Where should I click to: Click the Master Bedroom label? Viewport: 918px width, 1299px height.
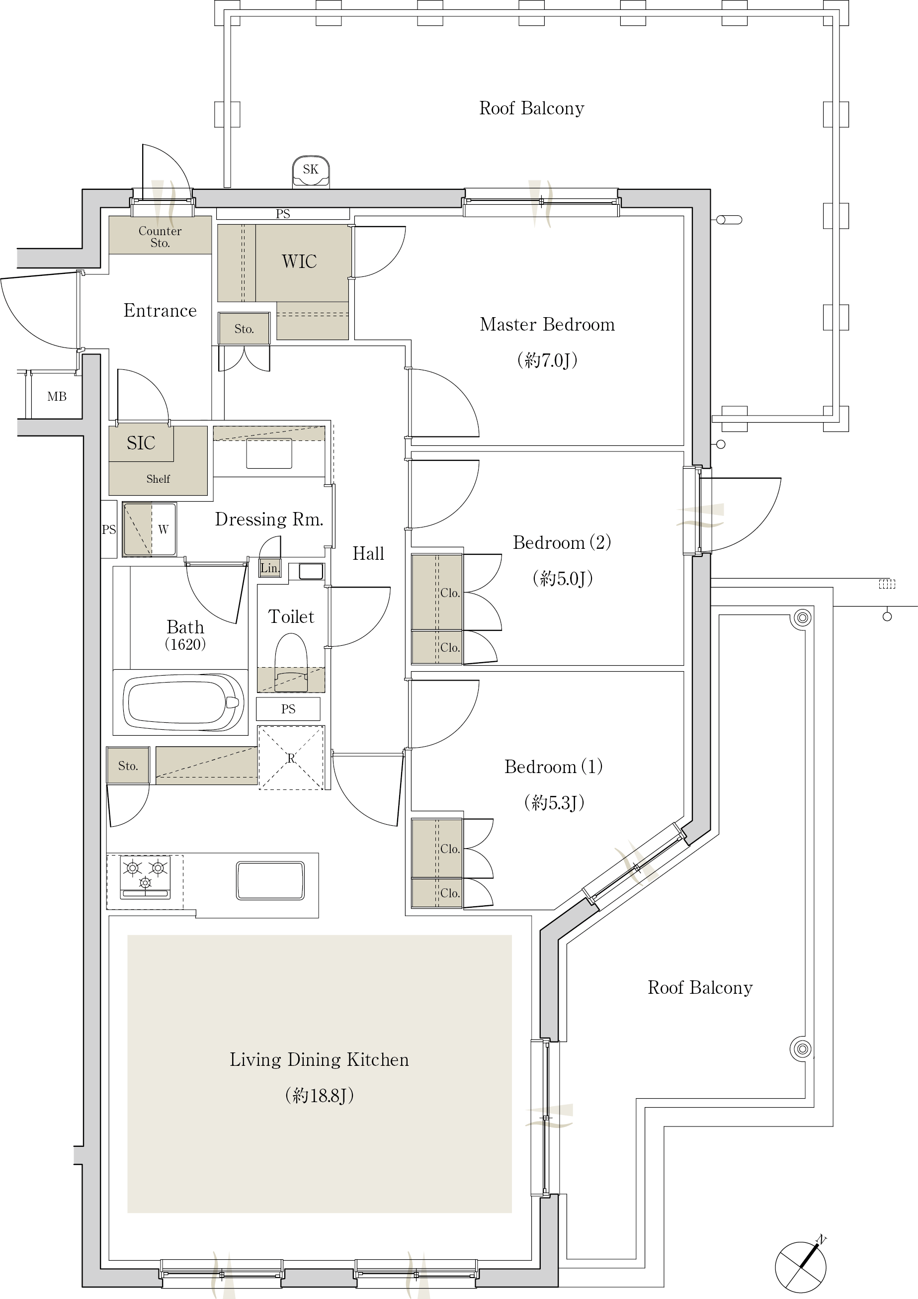click(x=547, y=324)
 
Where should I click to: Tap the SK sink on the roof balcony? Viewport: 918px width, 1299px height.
click(x=311, y=172)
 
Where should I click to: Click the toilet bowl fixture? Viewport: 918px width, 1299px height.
click(x=291, y=662)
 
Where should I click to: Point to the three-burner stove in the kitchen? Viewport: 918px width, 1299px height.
click(x=145, y=877)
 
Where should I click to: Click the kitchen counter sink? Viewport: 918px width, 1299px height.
click(x=270, y=880)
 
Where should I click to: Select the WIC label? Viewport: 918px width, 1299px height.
click(x=299, y=261)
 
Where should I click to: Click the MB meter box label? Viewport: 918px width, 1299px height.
click(x=57, y=397)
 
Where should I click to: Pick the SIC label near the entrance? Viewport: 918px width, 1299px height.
click(x=141, y=442)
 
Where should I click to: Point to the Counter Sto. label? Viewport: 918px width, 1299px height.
click(x=160, y=237)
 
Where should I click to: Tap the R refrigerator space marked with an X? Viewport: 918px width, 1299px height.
click(x=291, y=758)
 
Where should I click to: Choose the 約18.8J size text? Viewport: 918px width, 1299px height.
click(x=320, y=1095)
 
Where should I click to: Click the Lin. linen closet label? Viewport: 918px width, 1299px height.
click(x=270, y=567)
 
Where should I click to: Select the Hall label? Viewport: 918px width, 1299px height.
click(x=368, y=553)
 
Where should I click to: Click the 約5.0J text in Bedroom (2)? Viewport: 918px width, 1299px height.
click(x=563, y=578)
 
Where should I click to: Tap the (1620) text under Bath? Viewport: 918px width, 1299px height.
click(x=185, y=644)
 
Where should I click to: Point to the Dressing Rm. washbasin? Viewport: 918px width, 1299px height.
click(x=269, y=454)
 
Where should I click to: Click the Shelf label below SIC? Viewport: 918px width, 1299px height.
click(x=158, y=479)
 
